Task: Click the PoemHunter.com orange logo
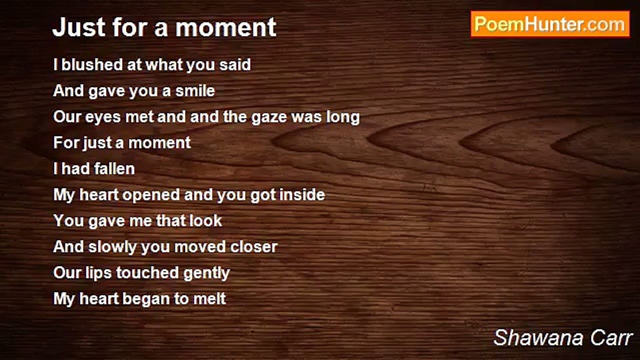[550, 24]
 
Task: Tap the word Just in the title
[79, 27]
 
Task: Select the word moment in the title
[225, 27]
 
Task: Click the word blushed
[92, 64]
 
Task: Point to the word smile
[195, 90]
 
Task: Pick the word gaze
[269, 117]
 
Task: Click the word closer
[254, 246]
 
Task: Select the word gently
[206, 273]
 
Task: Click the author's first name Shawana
[538, 337]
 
